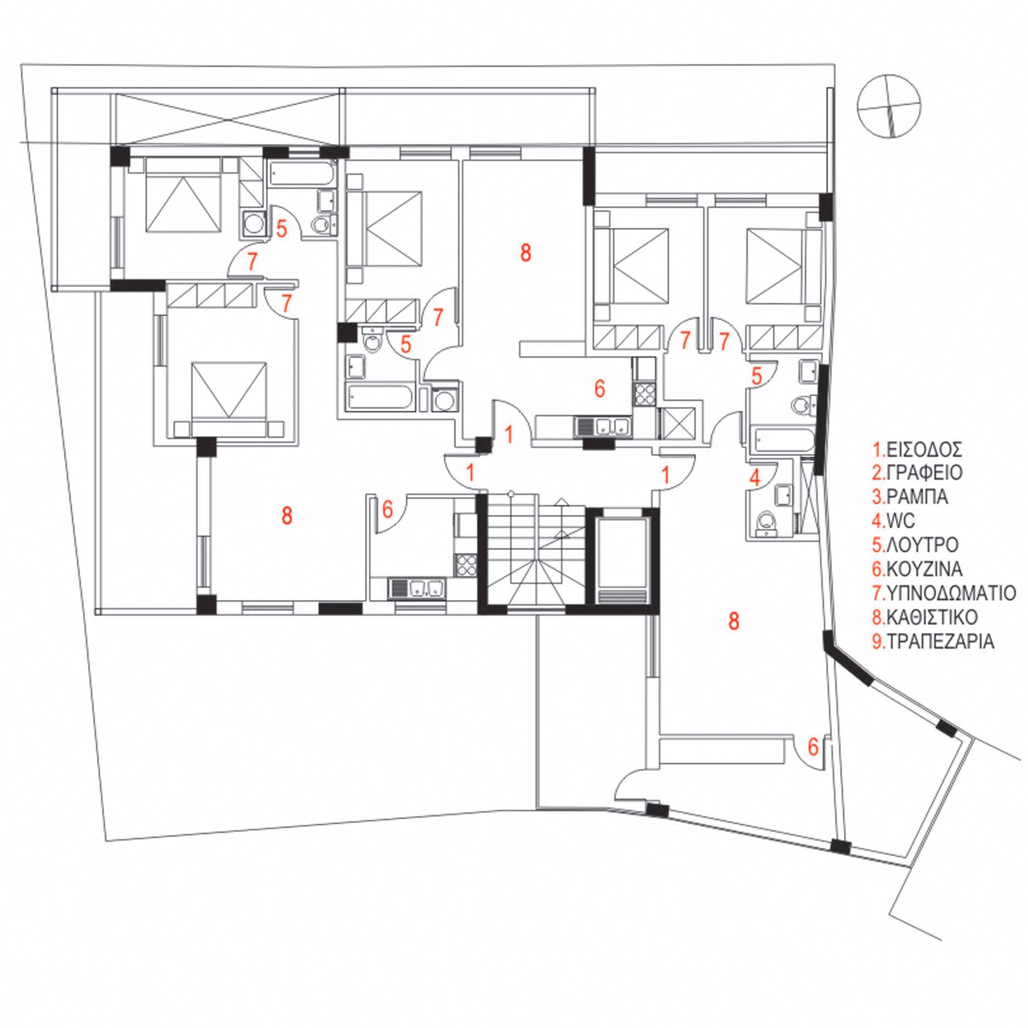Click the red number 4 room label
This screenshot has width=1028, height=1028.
pyautogui.click(x=755, y=477)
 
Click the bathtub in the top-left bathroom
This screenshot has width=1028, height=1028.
pyautogui.click(x=303, y=175)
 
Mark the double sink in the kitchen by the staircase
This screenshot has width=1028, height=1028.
pyautogui.click(x=417, y=588)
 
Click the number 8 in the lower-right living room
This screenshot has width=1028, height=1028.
pyautogui.click(x=733, y=621)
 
